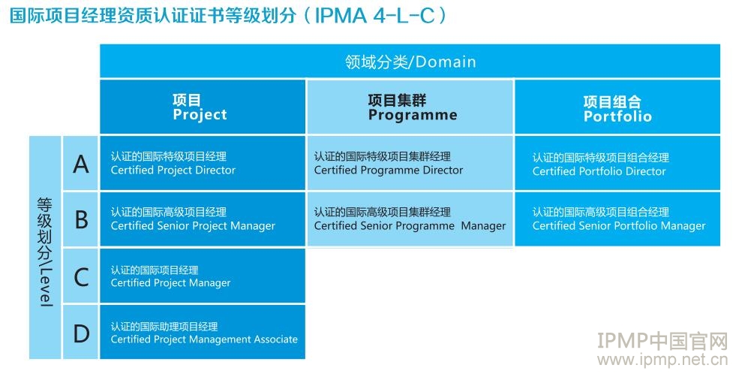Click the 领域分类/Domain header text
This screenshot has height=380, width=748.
(x=410, y=62)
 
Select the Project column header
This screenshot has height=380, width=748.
(x=203, y=107)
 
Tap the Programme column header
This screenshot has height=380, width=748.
(x=410, y=107)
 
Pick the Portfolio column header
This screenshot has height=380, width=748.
(x=617, y=107)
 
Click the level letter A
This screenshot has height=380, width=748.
(x=81, y=164)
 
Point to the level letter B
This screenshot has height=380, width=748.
(x=82, y=220)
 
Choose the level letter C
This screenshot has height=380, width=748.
(x=82, y=277)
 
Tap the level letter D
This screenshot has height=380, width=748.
(x=82, y=333)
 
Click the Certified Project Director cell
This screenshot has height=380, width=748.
(x=203, y=163)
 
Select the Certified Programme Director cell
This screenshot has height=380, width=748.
(x=410, y=163)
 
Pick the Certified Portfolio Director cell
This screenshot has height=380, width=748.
(x=617, y=163)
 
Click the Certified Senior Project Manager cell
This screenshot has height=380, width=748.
(x=203, y=219)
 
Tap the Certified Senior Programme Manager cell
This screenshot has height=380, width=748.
(x=410, y=219)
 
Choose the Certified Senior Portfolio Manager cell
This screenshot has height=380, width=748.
(x=617, y=219)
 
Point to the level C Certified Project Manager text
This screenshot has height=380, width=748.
(x=170, y=283)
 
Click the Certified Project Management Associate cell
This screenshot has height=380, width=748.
(x=203, y=332)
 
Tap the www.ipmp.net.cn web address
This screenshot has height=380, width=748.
(x=662, y=360)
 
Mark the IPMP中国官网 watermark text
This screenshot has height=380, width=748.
(x=662, y=342)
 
